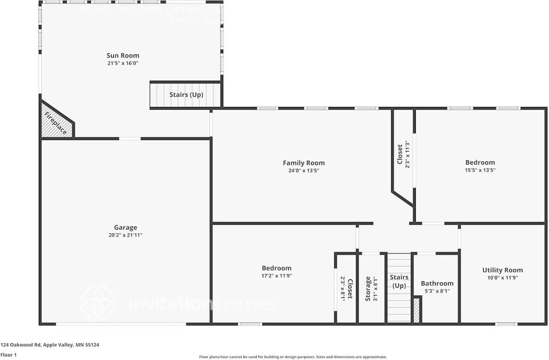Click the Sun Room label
(123, 55)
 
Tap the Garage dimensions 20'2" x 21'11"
(125, 235)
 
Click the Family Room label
(304, 163)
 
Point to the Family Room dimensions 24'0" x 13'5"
(304, 170)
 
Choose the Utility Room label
(502, 270)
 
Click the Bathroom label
(437, 283)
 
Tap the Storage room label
(368, 288)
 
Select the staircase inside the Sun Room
(186, 95)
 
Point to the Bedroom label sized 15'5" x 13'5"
(480, 162)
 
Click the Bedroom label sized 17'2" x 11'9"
(277, 268)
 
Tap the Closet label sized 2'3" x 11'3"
(400, 154)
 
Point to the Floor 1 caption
(8, 355)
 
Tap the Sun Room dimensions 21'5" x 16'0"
(123, 63)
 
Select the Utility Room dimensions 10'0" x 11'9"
(502, 278)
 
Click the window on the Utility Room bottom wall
(506, 324)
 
